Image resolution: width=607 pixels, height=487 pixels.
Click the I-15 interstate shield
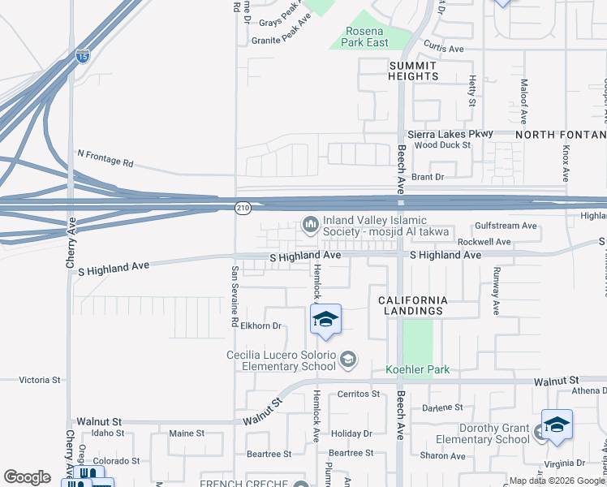click(x=82, y=56)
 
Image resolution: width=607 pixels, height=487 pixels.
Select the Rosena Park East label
click(x=367, y=37)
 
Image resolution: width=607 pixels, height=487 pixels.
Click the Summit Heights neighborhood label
click(x=414, y=71)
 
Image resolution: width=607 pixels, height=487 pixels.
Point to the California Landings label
click(x=413, y=305)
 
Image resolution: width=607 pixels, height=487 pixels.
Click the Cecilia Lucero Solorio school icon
click(x=348, y=359)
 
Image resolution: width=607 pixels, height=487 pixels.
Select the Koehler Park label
click(x=417, y=369)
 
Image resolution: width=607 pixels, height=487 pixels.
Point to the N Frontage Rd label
click(x=105, y=157)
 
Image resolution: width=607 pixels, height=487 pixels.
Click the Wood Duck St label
click(x=442, y=145)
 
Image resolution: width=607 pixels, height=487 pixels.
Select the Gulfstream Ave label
click(x=506, y=226)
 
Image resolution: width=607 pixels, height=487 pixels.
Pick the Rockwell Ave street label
click(x=484, y=242)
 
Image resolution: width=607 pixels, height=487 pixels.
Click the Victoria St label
click(x=40, y=379)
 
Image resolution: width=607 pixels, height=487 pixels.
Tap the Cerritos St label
click(x=358, y=394)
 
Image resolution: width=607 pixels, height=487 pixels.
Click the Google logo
click(x=27, y=477)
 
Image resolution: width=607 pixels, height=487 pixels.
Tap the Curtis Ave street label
click(x=443, y=49)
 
